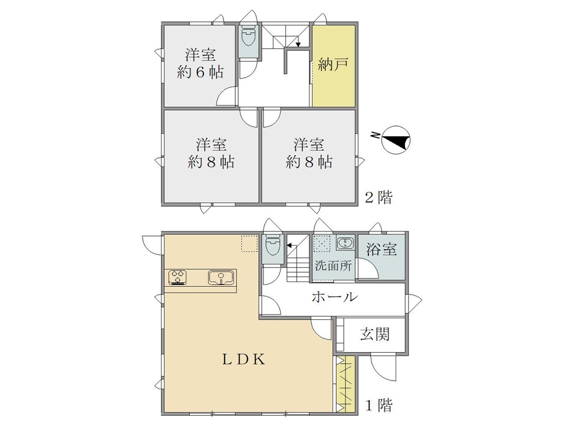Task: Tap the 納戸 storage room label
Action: [x=333, y=65]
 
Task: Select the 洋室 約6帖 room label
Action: [x=200, y=64]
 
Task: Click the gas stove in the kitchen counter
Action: [x=178, y=277]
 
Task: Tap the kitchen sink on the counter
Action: [x=221, y=278]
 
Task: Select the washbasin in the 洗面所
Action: [x=346, y=243]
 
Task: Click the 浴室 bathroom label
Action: [x=381, y=249]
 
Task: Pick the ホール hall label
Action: [x=334, y=297]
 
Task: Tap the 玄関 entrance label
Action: [x=375, y=334]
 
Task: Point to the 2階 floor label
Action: [x=379, y=197]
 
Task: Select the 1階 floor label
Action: [x=379, y=405]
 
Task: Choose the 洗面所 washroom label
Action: [x=333, y=266]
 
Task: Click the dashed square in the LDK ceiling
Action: [x=249, y=243]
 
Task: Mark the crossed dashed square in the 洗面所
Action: [x=321, y=243]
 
